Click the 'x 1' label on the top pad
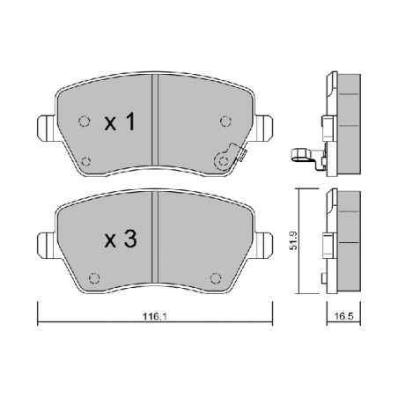pyautogui.click(x=121, y=124)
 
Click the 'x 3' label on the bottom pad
pyautogui.click(x=121, y=239)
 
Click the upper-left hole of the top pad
pyautogui.click(x=84, y=122)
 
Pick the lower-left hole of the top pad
pyautogui.click(x=85, y=159)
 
